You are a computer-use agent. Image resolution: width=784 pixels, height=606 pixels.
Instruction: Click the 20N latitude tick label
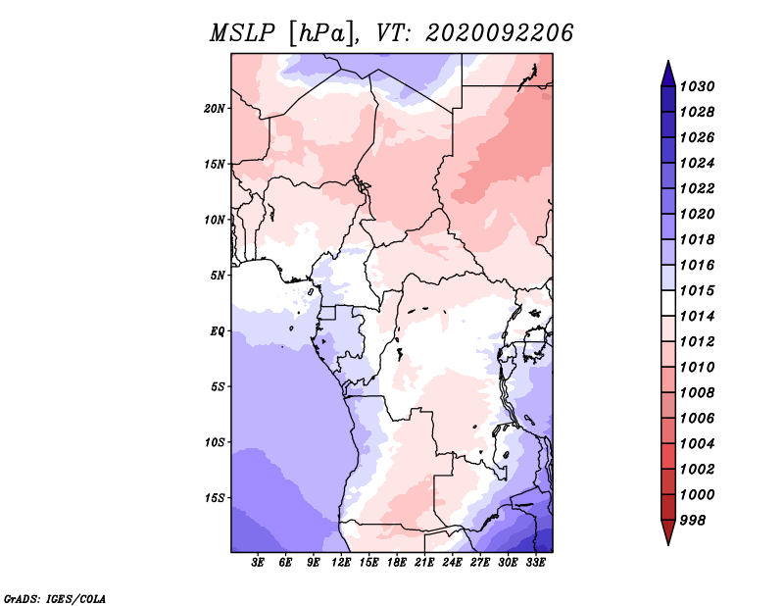point(214,109)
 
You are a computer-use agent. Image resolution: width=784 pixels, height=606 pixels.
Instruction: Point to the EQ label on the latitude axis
point(217,331)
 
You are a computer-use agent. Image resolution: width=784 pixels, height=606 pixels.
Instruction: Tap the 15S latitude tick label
point(215,498)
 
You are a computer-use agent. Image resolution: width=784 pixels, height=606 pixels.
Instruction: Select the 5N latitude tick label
point(217,276)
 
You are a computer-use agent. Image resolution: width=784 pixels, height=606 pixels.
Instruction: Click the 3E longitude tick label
point(258,563)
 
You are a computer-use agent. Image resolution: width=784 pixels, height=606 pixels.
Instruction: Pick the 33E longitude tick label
point(535,563)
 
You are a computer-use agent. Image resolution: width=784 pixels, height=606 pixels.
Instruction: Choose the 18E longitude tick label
point(397,563)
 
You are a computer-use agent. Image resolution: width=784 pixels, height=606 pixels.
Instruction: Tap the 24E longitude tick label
point(452,563)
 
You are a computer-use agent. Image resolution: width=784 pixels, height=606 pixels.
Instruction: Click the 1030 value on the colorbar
point(697,86)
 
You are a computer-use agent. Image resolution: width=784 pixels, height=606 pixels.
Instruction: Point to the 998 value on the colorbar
point(693,521)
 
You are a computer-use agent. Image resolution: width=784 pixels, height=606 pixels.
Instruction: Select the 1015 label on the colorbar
point(697,290)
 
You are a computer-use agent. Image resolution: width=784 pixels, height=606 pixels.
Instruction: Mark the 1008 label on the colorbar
point(697,393)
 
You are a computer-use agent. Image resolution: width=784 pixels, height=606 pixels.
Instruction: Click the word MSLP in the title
point(242,33)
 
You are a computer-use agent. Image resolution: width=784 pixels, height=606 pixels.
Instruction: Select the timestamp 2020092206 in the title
point(499,33)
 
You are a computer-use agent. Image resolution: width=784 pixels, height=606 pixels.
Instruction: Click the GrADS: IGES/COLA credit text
point(55,598)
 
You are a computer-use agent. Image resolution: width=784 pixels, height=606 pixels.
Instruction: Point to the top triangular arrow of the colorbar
point(668,76)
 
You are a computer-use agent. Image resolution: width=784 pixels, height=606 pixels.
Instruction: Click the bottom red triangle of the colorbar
point(668,531)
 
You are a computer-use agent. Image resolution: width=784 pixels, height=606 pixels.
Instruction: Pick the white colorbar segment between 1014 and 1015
point(668,303)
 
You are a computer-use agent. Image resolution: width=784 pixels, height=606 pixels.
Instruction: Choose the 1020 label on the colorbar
point(697,214)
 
